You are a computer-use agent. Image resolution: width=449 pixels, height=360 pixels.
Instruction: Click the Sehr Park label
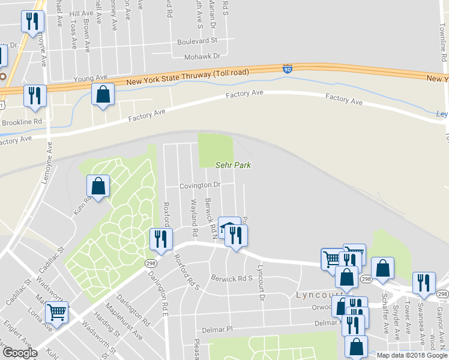tap(233, 165)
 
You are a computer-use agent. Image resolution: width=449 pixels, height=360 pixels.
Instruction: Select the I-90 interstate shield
tap(288, 70)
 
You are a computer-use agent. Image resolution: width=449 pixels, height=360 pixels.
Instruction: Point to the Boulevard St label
tap(196, 41)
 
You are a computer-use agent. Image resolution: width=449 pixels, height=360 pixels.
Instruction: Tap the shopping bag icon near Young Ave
tap(103, 94)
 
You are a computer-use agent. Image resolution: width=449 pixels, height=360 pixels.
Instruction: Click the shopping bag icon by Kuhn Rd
tap(98, 186)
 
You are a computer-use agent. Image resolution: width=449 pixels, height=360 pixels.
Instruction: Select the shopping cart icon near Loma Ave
tap(56, 311)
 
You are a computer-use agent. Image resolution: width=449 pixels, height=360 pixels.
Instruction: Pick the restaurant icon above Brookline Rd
tap(34, 95)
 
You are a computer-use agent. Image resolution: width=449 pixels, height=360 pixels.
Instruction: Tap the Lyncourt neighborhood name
tap(316, 295)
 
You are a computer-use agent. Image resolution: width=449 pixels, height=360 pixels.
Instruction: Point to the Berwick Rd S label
tap(232, 278)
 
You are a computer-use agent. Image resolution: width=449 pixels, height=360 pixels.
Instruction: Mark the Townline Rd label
tap(445, 42)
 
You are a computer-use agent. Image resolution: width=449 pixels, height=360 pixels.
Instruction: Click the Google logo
tap(20, 353)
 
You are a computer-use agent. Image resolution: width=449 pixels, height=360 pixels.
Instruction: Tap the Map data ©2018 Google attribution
tap(412, 355)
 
